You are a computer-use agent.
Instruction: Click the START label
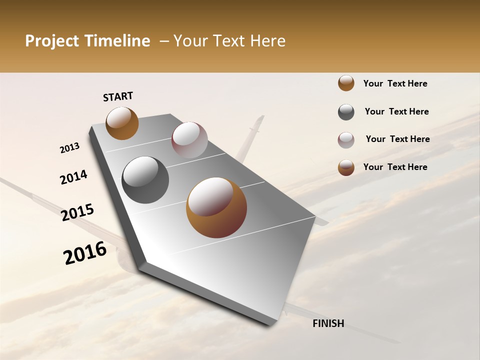point(118,96)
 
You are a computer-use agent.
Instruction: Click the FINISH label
point(328,323)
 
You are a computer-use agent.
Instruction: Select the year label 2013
point(69,148)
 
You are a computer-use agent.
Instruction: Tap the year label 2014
point(73,177)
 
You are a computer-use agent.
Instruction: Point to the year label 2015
point(77,212)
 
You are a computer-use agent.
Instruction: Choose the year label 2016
point(85,253)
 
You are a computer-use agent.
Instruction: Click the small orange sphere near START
point(122,123)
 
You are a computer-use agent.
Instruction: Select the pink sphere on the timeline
point(189,140)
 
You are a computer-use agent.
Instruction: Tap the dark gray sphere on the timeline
point(145,180)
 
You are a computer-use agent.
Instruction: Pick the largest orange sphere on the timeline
point(216,207)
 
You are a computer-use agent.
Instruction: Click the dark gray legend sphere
point(346,112)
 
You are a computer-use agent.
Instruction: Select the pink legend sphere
point(346,139)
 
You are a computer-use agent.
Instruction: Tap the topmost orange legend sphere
point(346,83)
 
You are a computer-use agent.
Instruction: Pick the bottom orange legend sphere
point(346,167)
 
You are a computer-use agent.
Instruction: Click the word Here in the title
point(267,41)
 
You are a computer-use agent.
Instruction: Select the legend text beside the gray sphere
point(396,111)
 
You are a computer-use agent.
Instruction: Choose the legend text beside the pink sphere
point(397,139)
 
